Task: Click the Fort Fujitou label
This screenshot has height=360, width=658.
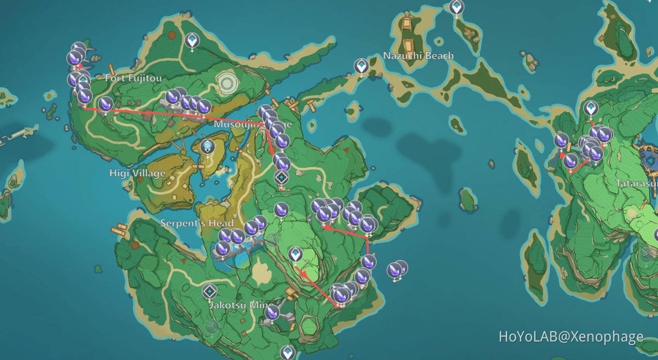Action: pos(133,78)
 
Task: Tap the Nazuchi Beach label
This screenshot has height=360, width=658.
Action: pos(418,56)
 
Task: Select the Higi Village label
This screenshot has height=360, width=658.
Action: pos(137,173)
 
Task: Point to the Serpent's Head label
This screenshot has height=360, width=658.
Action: pos(197,223)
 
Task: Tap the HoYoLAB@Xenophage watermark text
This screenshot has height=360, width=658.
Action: pos(571,337)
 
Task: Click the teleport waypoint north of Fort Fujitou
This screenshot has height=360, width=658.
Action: pos(192,40)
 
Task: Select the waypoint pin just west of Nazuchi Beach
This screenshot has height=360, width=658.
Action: pos(361,65)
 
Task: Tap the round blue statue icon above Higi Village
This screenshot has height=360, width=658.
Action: pos(208,146)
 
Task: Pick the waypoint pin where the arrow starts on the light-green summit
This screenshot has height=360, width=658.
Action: pos(295,254)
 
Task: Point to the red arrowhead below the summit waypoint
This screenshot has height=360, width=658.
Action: pos(304,274)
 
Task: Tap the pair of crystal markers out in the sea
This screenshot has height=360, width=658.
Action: pos(397,269)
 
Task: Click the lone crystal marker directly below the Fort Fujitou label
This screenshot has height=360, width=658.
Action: pos(105,103)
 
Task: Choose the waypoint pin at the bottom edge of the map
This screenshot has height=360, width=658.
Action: pos(288,352)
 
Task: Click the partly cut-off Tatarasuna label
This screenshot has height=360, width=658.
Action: pos(636,183)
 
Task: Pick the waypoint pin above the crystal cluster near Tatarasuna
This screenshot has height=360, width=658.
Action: pos(591,108)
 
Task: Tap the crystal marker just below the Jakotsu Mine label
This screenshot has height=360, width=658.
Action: pos(272,312)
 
